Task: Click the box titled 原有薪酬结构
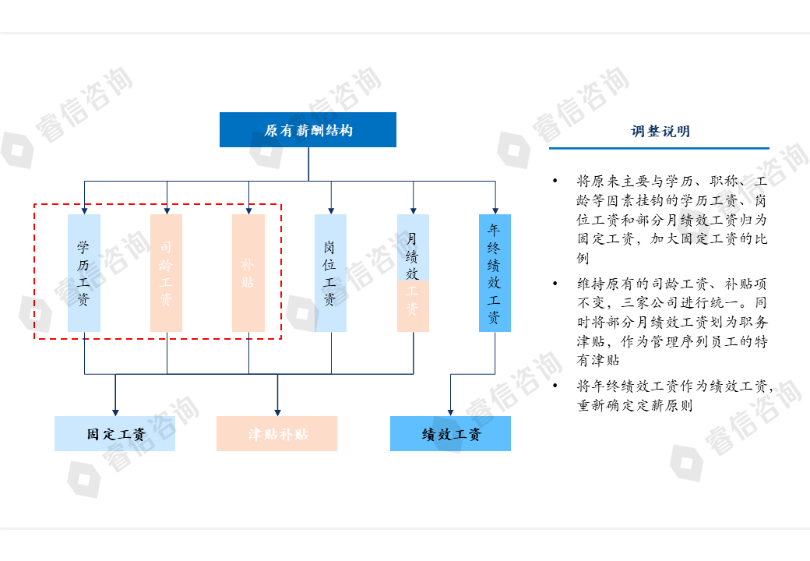[308, 130]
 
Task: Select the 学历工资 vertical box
[84, 273]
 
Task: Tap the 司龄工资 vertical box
[166, 273]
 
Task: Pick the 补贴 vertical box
[248, 273]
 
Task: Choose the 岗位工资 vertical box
[330, 273]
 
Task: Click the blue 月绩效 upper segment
[413, 247]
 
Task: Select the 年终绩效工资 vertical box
[495, 273]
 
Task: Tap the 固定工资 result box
[114, 434]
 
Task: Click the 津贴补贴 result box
[276, 434]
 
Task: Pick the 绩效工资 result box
[450, 434]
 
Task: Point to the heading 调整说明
[660, 132]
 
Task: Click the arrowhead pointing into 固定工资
[115, 411]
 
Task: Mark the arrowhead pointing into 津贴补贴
[277, 411]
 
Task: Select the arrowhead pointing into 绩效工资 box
[450, 411]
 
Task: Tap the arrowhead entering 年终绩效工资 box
[495, 209]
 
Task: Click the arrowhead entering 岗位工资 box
[331, 209]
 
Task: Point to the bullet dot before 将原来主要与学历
[555, 182]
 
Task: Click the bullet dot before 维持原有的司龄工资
[555, 284]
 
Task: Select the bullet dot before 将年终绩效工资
[555, 386]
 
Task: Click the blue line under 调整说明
[659, 148]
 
